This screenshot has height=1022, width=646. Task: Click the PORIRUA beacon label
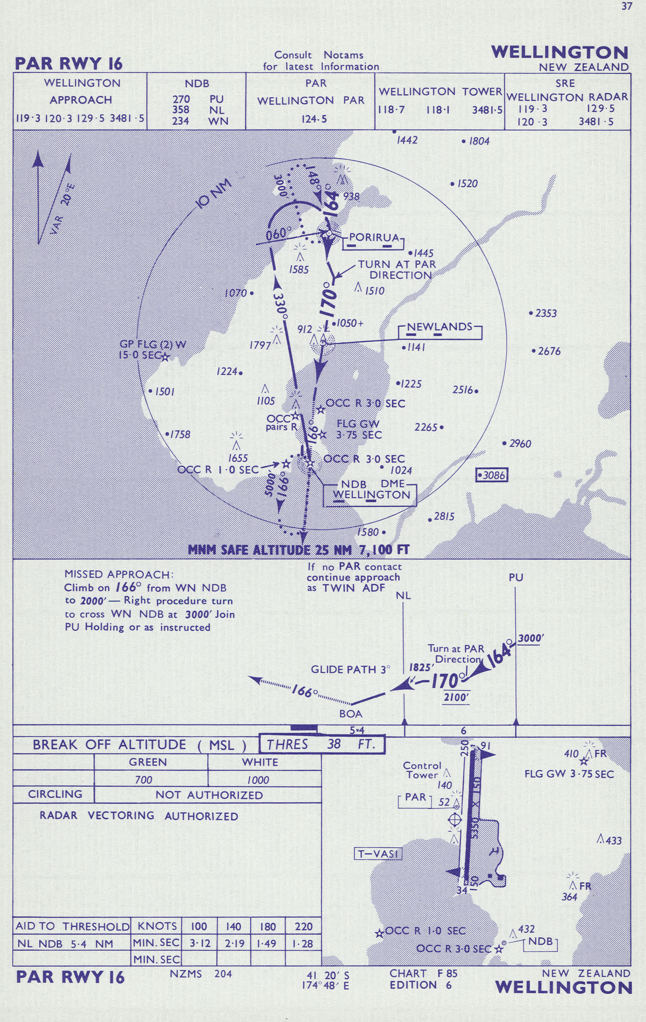pyautogui.click(x=374, y=237)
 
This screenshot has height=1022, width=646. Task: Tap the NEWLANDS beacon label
pyautogui.click(x=439, y=327)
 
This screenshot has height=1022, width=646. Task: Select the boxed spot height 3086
pyautogui.click(x=492, y=475)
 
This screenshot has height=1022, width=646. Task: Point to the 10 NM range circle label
pyautogui.click(x=215, y=194)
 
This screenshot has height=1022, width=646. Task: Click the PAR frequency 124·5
pyautogui.click(x=314, y=119)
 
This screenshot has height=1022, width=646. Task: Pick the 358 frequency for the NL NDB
pyautogui.click(x=181, y=110)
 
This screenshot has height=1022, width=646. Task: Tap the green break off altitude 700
pyautogui.click(x=144, y=780)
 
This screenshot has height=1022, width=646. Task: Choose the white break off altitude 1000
pyautogui.click(x=258, y=780)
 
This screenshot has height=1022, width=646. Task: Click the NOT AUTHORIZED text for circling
pyautogui.click(x=209, y=795)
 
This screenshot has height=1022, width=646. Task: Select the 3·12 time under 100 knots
pyautogui.click(x=200, y=943)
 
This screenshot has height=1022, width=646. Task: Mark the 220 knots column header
pyautogui.click(x=303, y=926)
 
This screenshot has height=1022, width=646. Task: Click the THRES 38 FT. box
pyautogui.click(x=322, y=744)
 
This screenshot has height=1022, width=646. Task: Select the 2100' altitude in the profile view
pyautogui.click(x=456, y=697)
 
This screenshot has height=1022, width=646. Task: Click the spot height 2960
pyautogui.click(x=520, y=444)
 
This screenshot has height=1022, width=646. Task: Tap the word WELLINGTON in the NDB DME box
pyautogui.click(x=371, y=495)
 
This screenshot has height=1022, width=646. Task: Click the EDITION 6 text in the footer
pyautogui.click(x=420, y=985)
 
